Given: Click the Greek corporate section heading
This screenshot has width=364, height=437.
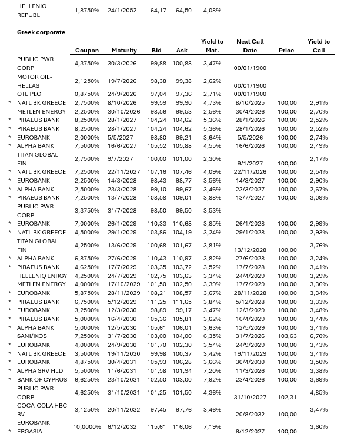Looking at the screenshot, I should point(41,32).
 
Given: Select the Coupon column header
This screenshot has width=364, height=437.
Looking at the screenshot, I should point(86,51).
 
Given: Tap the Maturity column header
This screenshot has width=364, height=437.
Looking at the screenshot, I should point(124,51).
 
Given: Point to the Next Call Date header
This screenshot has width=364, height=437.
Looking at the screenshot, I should point(250,46).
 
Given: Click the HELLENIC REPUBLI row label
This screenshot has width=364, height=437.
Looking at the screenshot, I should point(32,10).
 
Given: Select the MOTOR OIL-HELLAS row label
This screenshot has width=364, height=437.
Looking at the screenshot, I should point(35,81).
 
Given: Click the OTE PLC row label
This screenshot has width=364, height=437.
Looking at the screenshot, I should point(29,94).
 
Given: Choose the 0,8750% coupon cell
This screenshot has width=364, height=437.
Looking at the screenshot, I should point(86,94).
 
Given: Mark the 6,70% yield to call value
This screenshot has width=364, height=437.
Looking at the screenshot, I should point(319,336).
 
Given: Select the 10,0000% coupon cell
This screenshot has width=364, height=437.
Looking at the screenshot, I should point(86,426).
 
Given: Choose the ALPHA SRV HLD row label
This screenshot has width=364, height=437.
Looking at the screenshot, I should point(41,370).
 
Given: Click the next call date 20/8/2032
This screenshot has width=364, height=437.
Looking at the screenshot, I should point(251,415).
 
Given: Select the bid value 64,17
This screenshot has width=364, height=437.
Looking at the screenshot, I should point(158,11).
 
